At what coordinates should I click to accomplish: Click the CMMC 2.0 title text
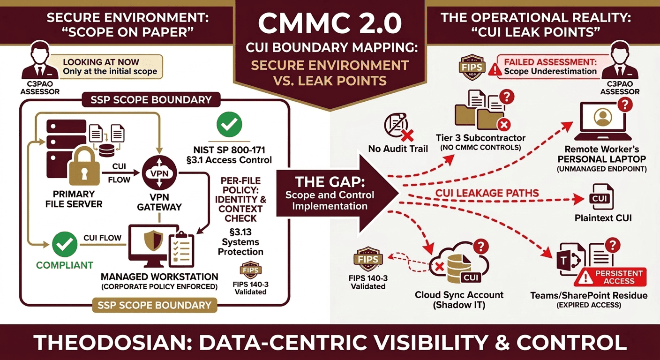(330, 23)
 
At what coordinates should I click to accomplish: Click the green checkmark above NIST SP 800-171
(229, 124)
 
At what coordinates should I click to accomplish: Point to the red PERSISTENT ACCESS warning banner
(614, 277)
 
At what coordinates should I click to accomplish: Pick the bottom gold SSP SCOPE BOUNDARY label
(155, 305)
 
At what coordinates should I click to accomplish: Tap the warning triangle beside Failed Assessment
(495, 70)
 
